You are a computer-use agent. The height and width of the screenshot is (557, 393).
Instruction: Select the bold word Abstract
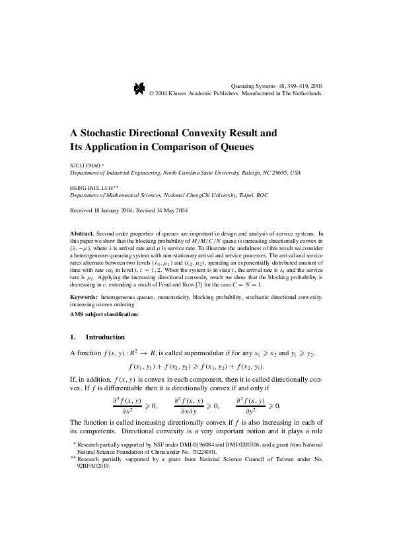click(82, 234)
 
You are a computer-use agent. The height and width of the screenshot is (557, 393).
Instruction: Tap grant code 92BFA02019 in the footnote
click(94, 465)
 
